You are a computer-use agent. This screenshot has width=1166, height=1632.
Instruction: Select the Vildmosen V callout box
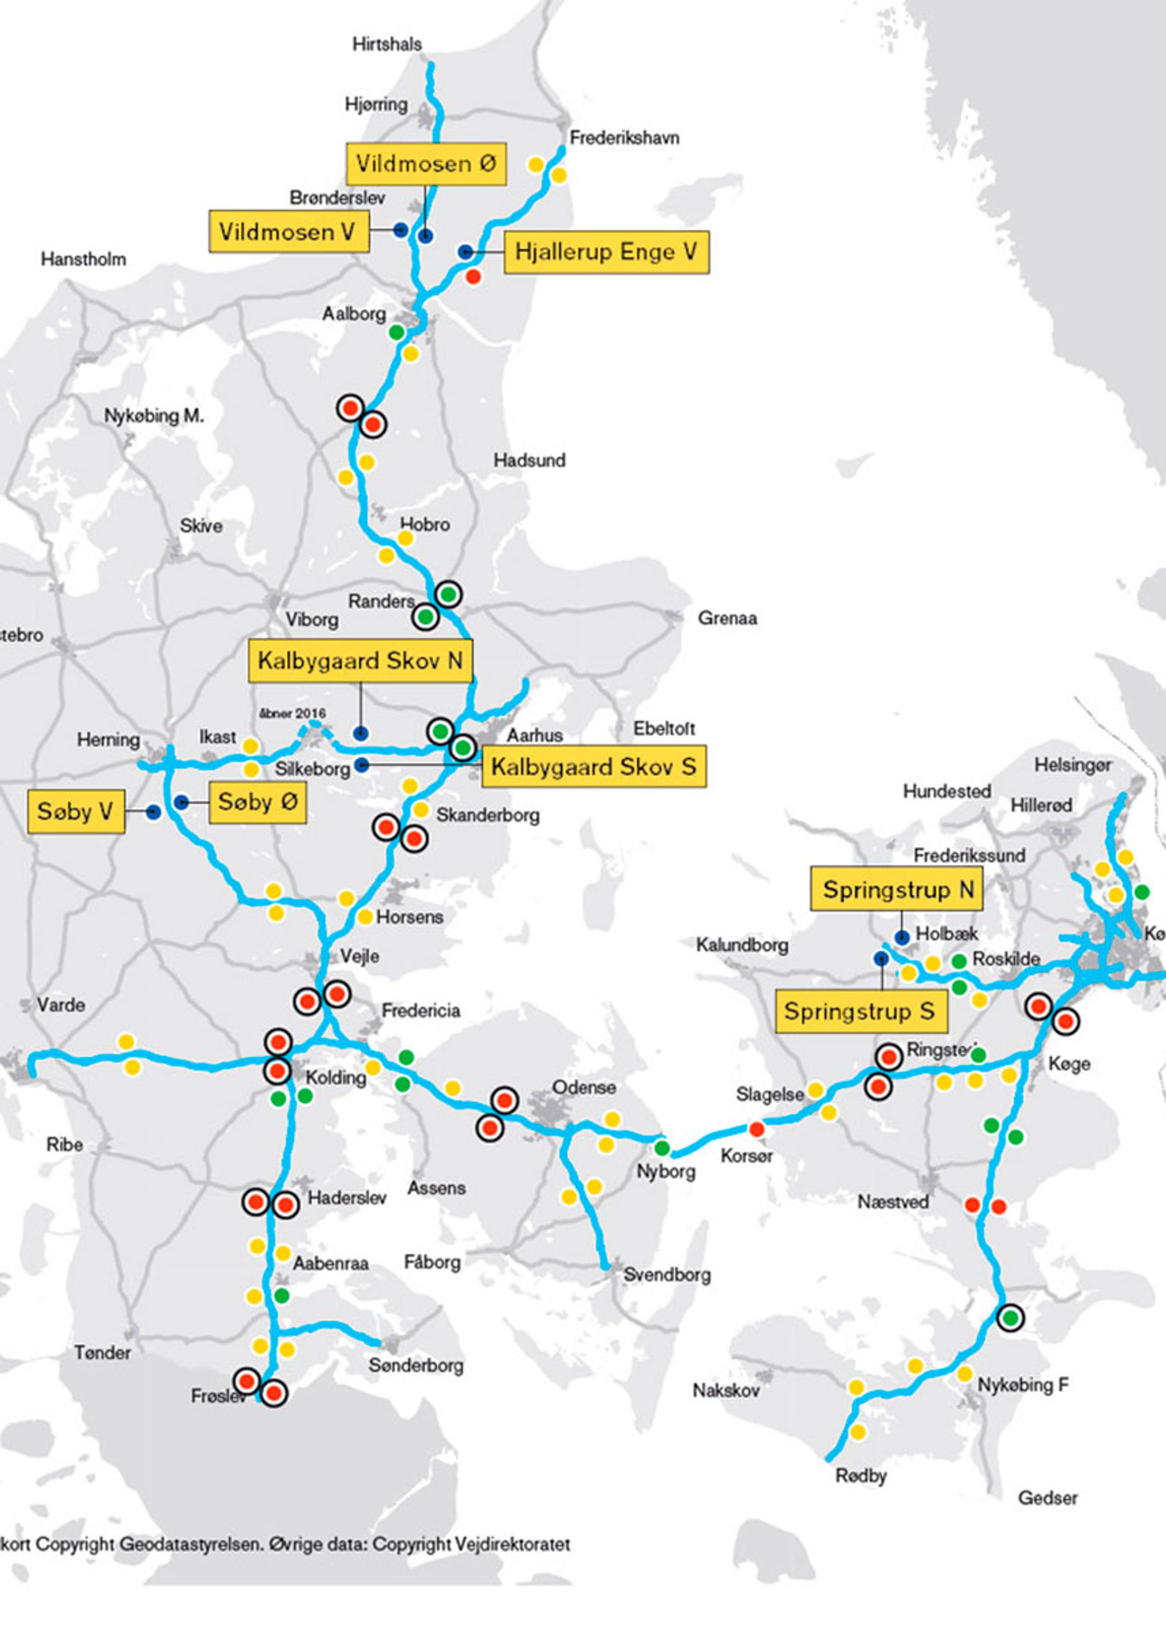288,231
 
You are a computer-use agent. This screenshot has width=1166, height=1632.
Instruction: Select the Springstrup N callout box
897,890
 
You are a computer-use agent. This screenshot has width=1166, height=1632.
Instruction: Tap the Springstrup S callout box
861,1012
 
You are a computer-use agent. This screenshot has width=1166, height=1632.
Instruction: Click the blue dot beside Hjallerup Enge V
465,252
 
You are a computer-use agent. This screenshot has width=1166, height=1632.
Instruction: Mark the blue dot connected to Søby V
153,812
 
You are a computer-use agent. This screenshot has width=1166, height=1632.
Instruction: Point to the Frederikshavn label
624,138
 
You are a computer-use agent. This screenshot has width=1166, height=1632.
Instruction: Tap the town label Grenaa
727,618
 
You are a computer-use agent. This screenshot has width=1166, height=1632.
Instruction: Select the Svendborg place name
666,1274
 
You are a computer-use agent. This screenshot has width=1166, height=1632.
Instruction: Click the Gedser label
1047,1498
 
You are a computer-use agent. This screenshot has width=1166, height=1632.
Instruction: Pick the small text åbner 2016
292,712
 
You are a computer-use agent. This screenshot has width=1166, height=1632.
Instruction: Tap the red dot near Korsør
756,1129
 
